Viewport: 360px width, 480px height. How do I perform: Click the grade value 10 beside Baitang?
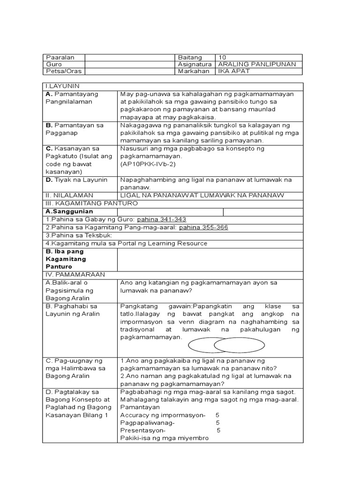pyautogui.click(x=222, y=57)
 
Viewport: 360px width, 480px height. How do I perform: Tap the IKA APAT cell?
pyautogui.click(x=233, y=71)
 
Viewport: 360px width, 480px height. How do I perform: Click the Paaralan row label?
pyautogui.click(x=57, y=57)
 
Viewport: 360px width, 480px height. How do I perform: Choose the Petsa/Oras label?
pyautogui.click(x=60, y=71)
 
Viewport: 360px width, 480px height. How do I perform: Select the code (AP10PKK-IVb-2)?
pyautogui.click(x=146, y=164)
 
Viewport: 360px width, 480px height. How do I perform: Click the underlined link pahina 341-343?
pyautogui.click(x=165, y=219)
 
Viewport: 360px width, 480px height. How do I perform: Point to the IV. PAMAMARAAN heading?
pyautogui.click(x=75, y=274)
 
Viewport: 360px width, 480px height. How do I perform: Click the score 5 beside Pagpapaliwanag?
pyautogui.click(x=217, y=423)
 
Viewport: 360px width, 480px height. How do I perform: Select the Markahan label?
pyautogui.click(x=192, y=71)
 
